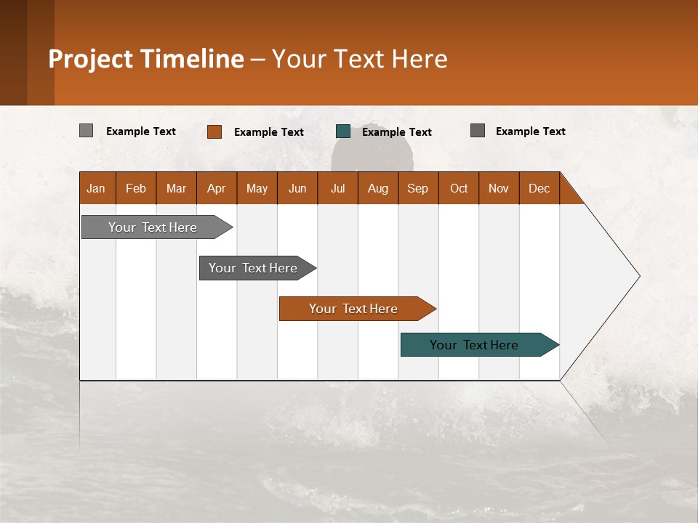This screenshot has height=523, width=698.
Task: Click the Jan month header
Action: [96, 188]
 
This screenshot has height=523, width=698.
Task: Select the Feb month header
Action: [136, 188]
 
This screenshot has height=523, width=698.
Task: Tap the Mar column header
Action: [176, 188]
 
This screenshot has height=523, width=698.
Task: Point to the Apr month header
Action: [216, 188]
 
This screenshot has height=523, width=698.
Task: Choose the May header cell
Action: [257, 188]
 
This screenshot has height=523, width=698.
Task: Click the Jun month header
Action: [297, 188]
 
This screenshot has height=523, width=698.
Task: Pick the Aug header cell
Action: [377, 188]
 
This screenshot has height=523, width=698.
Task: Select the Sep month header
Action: [417, 188]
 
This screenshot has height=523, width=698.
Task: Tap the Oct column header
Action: [459, 188]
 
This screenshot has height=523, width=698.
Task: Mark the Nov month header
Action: [499, 188]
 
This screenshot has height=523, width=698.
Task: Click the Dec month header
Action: [539, 188]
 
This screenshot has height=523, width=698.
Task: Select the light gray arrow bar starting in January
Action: [153, 227]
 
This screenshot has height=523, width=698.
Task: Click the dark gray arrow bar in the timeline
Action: [254, 268]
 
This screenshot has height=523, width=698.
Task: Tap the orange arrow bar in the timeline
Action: [354, 309]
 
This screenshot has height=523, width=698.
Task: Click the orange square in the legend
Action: [214, 131]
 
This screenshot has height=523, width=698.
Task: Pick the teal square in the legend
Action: [343, 131]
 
